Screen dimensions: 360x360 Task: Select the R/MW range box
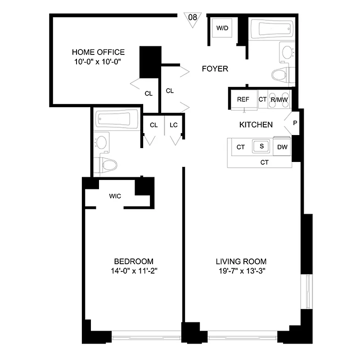tap(279, 100)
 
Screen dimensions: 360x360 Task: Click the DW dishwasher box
tap(282, 147)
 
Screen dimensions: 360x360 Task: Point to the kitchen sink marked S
tap(261, 146)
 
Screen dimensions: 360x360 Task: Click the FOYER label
tap(215, 69)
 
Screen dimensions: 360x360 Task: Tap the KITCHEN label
tap(256, 125)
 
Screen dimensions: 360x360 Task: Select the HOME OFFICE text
tap(98, 52)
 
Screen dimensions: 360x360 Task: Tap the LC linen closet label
tap(174, 125)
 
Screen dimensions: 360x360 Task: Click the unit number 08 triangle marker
tap(193, 19)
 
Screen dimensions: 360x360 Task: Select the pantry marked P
tap(295, 123)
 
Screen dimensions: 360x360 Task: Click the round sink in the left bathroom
tap(102, 143)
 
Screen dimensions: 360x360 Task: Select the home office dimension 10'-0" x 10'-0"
tap(98, 62)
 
